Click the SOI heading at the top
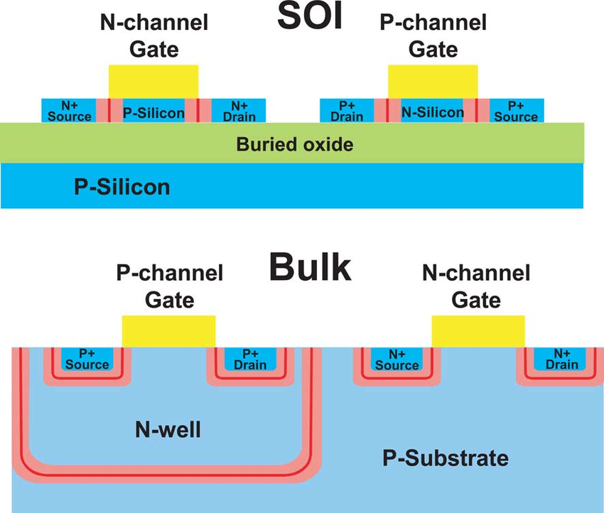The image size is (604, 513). pos(310,16)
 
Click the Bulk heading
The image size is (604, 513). pos(310,267)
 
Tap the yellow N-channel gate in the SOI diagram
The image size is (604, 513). pos(153,82)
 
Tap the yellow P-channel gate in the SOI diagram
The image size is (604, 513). pos(433,82)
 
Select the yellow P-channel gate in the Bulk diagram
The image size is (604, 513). pos(168,332)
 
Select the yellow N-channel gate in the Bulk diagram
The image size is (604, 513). pos(478,332)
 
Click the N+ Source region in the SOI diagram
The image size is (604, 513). pos(69,111)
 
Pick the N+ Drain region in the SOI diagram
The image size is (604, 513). pos(239,111)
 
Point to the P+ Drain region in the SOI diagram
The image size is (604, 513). pos(347,111)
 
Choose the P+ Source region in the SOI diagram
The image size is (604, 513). pos(516,111)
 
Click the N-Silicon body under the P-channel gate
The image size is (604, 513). pos(432,111)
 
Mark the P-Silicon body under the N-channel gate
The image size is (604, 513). pos(153,111)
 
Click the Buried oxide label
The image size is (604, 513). pos(295,144)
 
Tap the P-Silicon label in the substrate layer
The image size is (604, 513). pos(122,187)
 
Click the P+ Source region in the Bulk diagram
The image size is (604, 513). pos(87,359)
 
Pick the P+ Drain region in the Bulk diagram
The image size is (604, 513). pos(250,359)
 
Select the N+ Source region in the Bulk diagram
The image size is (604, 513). pos(397,359)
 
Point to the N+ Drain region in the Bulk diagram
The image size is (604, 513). pos(560,359)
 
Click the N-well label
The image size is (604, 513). pos(168,429)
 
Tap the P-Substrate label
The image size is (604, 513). pos(446,458)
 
